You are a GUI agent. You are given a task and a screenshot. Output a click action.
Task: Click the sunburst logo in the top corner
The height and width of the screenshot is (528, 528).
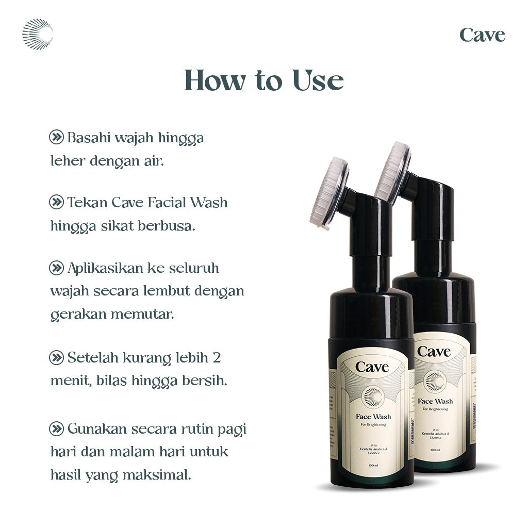[x=37, y=34]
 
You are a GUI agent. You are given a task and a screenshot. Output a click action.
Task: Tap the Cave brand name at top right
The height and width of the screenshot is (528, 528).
[x=482, y=35]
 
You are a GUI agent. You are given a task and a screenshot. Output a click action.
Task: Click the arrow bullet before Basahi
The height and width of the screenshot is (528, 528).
[x=56, y=137]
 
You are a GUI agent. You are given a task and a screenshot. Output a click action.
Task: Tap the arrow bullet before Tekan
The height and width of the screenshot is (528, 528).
[x=56, y=202]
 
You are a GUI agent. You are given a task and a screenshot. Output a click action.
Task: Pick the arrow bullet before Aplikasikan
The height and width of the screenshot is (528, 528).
[x=56, y=268]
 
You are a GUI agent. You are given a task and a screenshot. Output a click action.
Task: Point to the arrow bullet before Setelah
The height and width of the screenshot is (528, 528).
[x=56, y=357]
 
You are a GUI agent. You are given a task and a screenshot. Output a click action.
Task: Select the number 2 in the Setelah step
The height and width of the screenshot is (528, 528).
[x=217, y=357]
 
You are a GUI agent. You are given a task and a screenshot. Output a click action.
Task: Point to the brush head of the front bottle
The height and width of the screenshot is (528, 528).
[x=329, y=192]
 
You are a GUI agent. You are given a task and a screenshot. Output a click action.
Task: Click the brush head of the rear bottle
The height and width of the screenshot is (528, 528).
[x=393, y=172]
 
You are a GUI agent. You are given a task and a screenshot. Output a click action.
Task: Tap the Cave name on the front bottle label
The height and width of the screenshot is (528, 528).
[x=372, y=368]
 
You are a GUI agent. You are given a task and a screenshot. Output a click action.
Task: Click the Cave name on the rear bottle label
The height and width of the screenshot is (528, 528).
[x=434, y=352]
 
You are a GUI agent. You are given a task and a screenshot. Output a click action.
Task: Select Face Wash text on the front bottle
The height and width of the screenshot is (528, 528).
[x=373, y=416]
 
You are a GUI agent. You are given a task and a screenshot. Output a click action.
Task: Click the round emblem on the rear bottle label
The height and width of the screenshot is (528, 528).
[x=434, y=381]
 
